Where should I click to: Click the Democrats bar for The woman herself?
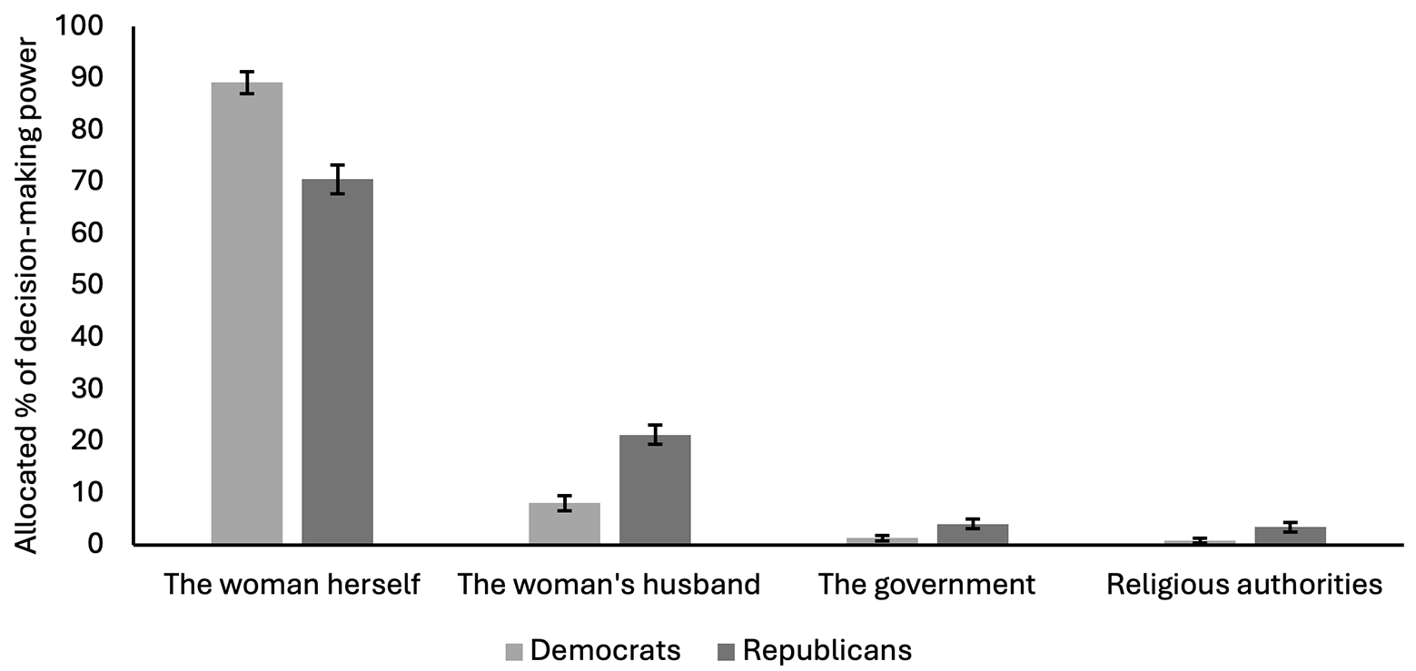[x=247, y=312]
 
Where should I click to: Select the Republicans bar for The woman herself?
[x=338, y=361]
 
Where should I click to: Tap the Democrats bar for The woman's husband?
[x=565, y=523]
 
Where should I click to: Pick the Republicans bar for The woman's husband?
[x=655, y=489]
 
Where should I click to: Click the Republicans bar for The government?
[x=973, y=534]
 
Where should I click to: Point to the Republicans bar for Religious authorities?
[x=1290, y=535]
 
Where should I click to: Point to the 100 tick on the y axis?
[x=79, y=26]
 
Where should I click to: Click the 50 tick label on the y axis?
[x=87, y=284]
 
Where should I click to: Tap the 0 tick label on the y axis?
[x=95, y=543]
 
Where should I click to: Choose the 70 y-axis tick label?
[x=87, y=182]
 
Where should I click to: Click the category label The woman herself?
[x=292, y=585]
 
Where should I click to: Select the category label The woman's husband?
[x=609, y=585]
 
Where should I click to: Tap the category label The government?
[x=926, y=586]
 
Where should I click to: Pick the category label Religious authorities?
[x=1244, y=586]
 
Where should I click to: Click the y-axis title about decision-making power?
[x=26, y=296]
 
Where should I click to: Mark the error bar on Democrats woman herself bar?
[x=247, y=82]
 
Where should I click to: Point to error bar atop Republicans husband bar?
[x=655, y=435]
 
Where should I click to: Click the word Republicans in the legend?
[x=827, y=651]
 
